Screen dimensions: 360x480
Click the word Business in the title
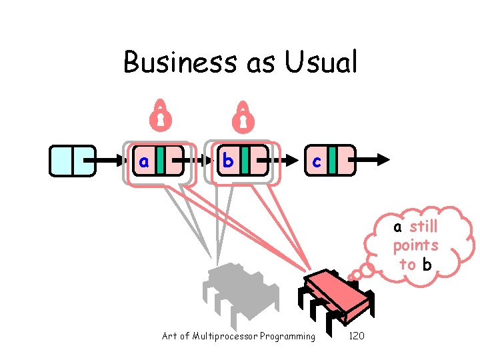[167, 63]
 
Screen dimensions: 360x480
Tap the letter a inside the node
[143, 161]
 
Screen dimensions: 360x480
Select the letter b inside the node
[228, 161]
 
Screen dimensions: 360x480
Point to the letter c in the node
[317, 161]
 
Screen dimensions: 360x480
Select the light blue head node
[73, 160]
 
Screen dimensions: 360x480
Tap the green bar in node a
[161, 160]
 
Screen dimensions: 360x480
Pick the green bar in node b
[245, 160]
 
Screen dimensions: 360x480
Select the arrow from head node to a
[111, 160]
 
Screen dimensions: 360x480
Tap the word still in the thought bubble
[423, 226]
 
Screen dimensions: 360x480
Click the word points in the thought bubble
[415, 245]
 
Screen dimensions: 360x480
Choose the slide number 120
[357, 336]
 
